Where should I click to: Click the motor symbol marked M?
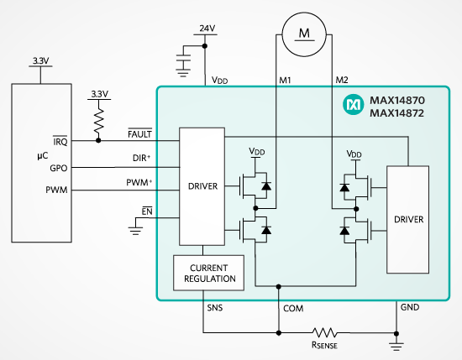[x=304, y=34]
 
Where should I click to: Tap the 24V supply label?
[x=207, y=29]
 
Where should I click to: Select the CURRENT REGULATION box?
[x=208, y=273]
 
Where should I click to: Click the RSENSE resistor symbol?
[x=324, y=332]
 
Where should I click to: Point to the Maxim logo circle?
[x=353, y=105]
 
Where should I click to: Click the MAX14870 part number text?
[x=397, y=101]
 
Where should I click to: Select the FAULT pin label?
[x=139, y=134]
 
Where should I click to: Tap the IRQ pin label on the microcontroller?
[x=60, y=142]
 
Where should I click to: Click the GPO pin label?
[x=59, y=168]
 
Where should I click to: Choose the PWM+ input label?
[x=139, y=182]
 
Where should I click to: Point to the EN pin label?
[x=147, y=211]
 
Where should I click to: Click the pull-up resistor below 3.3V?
[x=99, y=121]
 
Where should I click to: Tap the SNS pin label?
[x=215, y=308]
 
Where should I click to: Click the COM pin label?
[x=293, y=309]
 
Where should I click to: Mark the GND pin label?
[x=410, y=307]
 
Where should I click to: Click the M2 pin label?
[x=342, y=80]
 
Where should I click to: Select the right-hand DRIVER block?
[x=407, y=220]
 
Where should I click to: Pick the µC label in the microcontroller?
[x=43, y=155]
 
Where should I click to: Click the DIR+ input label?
[x=141, y=158]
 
